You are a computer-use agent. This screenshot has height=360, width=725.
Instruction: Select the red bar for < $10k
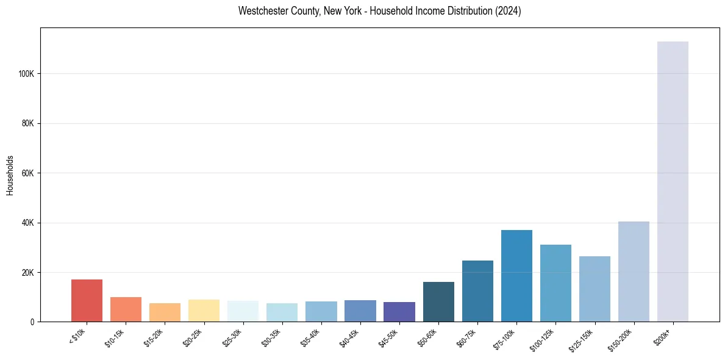[87, 300]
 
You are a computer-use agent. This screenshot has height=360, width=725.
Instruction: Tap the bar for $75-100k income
[516, 276]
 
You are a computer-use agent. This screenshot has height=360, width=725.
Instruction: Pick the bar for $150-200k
[634, 272]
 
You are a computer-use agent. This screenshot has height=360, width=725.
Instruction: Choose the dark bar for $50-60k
[438, 301]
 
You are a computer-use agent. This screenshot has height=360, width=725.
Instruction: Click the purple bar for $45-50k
[399, 312]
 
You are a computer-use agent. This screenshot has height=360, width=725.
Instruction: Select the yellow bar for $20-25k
[204, 311]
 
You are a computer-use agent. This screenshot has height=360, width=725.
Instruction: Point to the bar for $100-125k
[555, 283]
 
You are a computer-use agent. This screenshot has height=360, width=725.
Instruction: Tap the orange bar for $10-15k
[126, 309]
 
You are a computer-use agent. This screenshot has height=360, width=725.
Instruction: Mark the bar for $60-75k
[477, 291]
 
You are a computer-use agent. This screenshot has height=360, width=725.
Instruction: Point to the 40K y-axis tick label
[29, 223]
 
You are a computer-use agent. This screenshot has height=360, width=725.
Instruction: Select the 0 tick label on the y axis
[33, 322]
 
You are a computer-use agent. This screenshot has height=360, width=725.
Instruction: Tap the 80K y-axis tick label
[29, 123]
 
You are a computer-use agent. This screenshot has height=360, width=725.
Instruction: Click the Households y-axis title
[10, 175]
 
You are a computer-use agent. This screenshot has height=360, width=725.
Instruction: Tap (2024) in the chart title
[509, 11]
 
